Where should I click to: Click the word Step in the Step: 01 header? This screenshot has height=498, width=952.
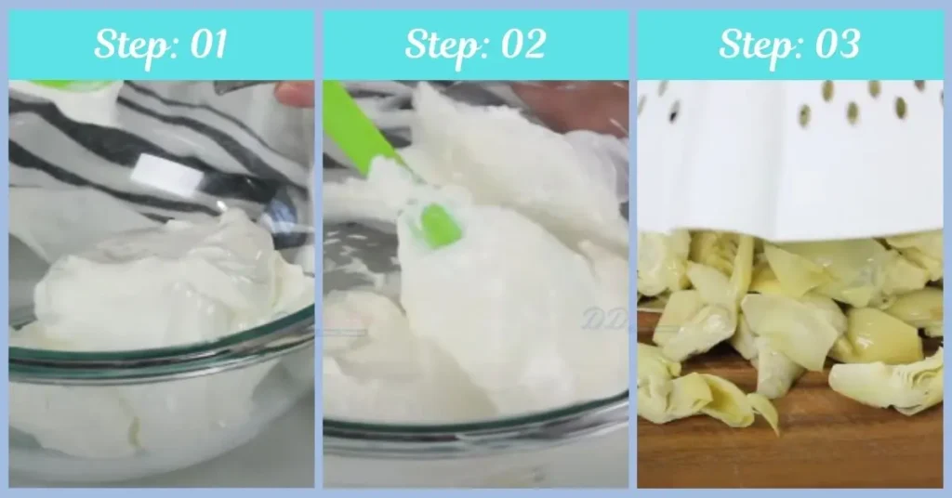coord(126,45)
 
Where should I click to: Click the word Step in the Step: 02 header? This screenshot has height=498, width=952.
coord(441,45)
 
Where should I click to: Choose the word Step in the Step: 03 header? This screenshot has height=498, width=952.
coord(754,45)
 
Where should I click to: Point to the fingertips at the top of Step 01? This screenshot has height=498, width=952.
coord(295,93)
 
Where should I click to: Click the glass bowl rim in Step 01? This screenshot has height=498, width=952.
coord(158,357)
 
